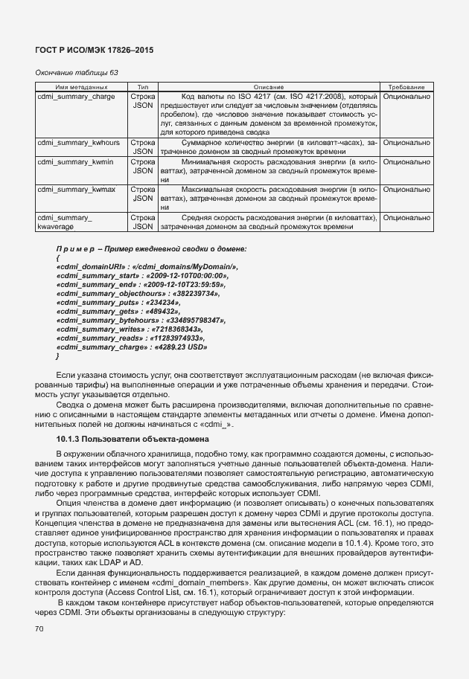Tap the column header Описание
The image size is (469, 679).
coord(253,88)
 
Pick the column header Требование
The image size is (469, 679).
coord(406,88)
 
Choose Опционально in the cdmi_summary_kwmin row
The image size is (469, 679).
coord(406,161)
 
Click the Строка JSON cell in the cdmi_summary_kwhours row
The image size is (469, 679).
coord(143,146)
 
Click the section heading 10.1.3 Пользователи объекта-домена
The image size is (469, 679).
coord(126,438)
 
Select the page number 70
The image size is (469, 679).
coord(39,629)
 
